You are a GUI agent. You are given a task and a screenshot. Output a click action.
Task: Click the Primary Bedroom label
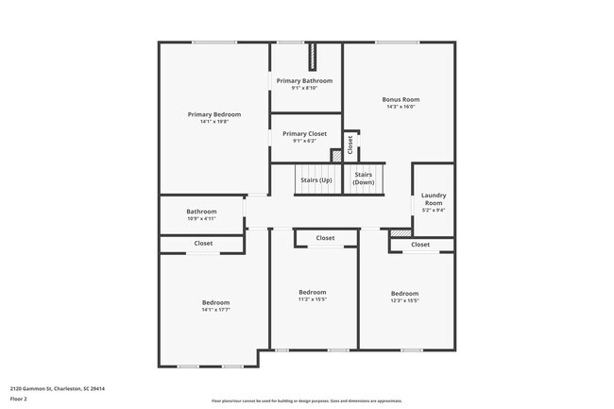[214, 114]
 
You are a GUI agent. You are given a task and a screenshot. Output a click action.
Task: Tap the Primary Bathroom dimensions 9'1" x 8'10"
[304, 89]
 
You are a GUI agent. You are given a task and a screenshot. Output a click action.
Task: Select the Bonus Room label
[401, 99]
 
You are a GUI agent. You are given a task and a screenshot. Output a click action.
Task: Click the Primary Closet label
[304, 134]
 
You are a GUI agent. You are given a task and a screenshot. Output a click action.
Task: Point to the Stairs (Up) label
[316, 179]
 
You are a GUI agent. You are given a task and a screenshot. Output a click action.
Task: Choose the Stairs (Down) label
[364, 179]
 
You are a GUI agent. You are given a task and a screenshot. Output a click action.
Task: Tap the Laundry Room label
[434, 199]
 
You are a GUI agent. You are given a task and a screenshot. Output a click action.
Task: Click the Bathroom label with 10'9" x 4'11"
[201, 212]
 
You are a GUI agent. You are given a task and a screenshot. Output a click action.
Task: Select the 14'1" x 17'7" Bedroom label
[215, 302]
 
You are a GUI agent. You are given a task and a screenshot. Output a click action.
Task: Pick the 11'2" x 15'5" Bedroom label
[313, 292]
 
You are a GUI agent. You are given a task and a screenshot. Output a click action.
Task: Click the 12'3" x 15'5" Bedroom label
[404, 293]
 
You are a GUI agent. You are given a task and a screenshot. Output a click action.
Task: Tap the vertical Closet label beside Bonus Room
[350, 145]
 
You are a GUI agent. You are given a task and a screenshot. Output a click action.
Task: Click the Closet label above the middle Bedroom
[325, 238]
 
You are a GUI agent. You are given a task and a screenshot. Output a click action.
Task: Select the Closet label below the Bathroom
[203, 244]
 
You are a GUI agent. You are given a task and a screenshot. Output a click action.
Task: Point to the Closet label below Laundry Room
[421, 244]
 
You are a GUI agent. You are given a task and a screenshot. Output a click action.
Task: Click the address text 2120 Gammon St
[57, 388]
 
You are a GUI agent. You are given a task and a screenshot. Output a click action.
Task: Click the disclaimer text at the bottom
[307, 400]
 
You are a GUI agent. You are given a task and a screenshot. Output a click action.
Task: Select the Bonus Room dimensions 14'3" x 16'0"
[401, 107]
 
